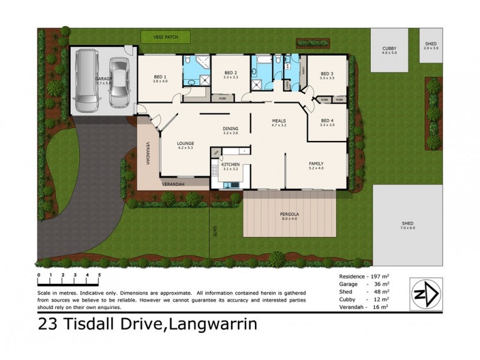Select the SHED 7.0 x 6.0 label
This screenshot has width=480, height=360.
coord(407,225)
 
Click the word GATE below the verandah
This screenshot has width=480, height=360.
coord(215,230)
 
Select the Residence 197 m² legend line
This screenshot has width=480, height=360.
coord(359,277)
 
